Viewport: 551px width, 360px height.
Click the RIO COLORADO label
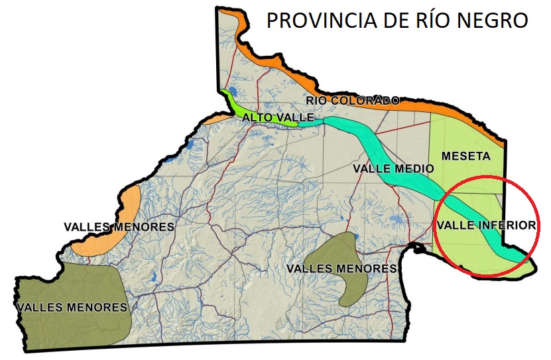[x=353, y=101]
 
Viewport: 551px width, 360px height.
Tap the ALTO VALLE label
[x=269, y=117]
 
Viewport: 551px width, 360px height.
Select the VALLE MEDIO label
[x=393, y=168]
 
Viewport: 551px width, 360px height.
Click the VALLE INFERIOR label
[x=485, y=225]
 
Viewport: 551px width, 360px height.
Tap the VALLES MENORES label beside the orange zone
[x=119, y=227]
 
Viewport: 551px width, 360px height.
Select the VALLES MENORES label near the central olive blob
[x=341, y=269]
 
